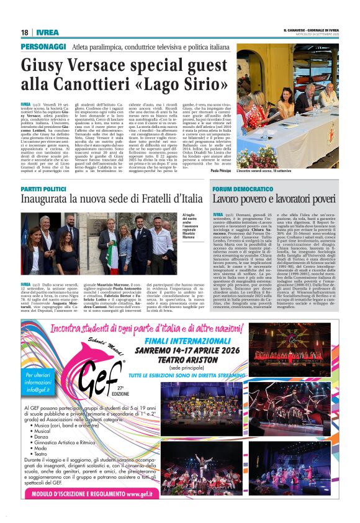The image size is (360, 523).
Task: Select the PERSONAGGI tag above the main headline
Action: point(43,47)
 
